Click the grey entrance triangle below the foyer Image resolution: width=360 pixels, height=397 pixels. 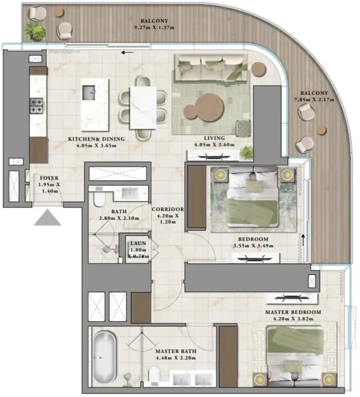click(x=47, y=219)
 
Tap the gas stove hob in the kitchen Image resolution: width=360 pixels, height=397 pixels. click(x=37, y=106)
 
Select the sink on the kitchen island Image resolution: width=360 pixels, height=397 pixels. click(x=89, y=93)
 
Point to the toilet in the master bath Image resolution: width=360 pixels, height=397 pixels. click(x=154, y=375)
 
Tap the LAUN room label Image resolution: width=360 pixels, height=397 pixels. click(x=138, y=243)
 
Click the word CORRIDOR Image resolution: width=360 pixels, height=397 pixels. click(x=168, y=209)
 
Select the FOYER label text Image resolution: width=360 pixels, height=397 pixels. click(x=49, y=178)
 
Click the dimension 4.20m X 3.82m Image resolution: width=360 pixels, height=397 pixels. click(x=293, y=319)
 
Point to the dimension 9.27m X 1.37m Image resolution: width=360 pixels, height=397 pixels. click(x=154, y=28)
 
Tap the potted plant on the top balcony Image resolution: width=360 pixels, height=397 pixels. click(x=35, y=31)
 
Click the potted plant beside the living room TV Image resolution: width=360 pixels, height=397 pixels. click(x=246, y=153)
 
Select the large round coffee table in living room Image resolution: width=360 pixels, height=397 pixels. click(x=210, y=107)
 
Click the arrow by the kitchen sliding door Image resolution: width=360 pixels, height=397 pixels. click(x=127, y=53)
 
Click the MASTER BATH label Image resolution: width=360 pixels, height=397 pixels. click(x=176, y=351)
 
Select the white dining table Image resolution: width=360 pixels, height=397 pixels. click(x=143, y=108)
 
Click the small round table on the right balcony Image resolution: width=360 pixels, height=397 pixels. click(x=321, y=130)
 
